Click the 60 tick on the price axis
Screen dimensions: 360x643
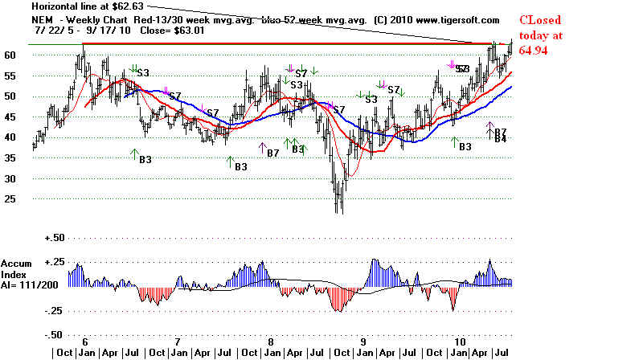point(12,55)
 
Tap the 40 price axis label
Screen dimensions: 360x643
point(12,137)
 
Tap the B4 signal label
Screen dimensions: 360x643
point(500,139)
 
